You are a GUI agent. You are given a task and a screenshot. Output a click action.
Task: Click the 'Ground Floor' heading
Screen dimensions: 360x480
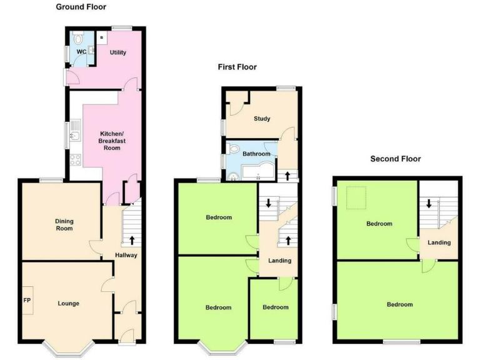81,7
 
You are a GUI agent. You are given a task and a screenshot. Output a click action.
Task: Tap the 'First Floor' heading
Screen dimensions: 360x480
237,67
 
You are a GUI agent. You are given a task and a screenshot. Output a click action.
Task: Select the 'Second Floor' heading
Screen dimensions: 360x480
396,159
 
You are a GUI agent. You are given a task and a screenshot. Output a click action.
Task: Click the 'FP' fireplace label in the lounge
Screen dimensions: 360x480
27,301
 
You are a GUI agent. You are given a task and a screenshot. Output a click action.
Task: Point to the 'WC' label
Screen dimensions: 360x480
81,52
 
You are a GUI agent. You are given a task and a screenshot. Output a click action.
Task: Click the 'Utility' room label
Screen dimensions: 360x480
118,52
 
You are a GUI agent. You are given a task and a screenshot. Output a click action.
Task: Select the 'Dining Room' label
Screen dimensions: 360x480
64,224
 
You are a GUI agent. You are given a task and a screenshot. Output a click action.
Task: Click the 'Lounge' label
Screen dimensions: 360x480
68,304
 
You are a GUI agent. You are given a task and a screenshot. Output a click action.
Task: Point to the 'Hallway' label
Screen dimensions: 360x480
126,255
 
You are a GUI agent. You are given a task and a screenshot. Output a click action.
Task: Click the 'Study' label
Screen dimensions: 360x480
262,118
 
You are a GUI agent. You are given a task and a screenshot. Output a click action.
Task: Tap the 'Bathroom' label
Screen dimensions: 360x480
256,154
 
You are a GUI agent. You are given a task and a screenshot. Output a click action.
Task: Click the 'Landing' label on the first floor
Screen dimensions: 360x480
279,261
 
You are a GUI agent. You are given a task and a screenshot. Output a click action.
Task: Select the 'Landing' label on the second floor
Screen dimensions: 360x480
439,242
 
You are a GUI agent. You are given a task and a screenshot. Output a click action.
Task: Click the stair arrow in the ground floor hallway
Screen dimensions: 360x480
132,240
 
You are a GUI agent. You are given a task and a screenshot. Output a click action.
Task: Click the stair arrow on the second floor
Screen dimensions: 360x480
429,204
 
